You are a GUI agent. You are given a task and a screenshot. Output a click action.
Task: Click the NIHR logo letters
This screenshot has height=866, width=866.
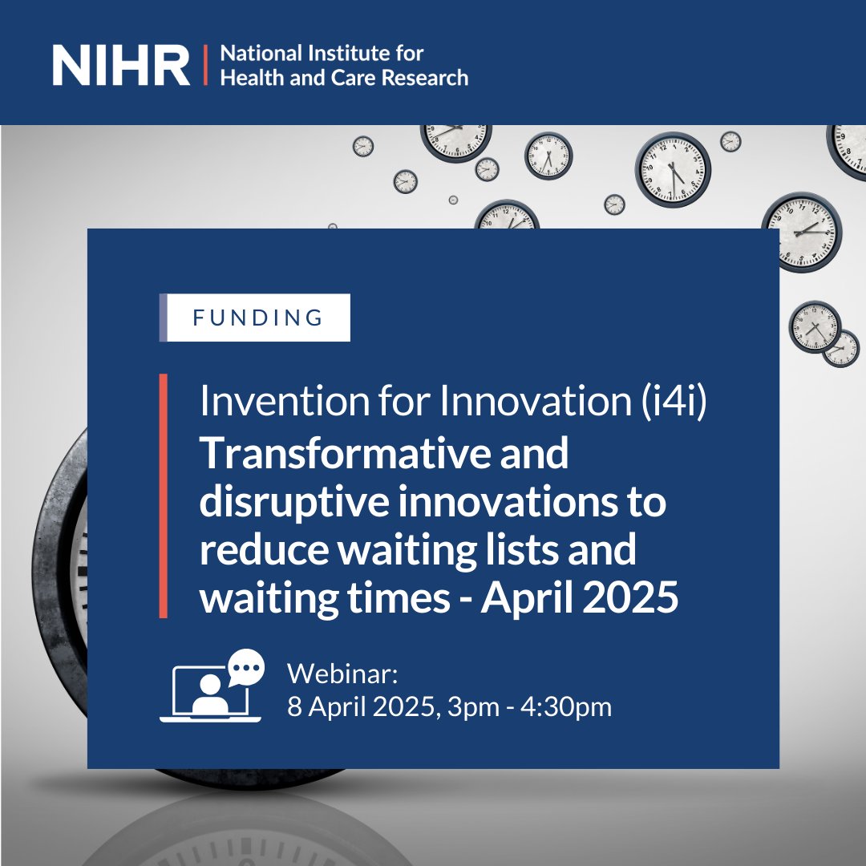pyautogui.click(x=121, y=66)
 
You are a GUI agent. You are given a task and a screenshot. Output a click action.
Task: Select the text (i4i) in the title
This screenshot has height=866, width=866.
pyautogui.click(x=675, y=402)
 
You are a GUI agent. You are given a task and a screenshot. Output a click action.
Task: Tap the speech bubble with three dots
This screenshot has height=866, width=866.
pyautogui.click(x=245, y=668)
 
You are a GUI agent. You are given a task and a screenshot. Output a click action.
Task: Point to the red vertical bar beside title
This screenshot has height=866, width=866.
pyautogui.click(x=164, y=495)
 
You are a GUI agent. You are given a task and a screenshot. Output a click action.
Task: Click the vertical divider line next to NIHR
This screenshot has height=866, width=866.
pyautogui.click(x=205, y=66)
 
